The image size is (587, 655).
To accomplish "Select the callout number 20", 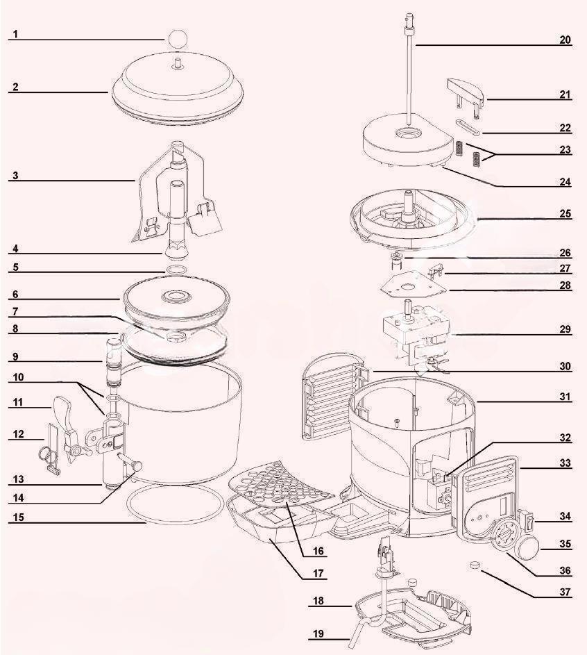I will tap(565, 40).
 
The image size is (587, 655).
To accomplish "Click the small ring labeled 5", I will tap(177, 270).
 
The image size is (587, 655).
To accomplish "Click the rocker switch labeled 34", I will tap(529, 518).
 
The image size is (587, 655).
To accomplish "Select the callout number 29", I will tap(565, 329).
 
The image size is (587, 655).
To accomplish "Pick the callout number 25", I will tap(565, 214).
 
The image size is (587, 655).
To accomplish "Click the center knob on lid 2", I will tap(178, 65).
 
